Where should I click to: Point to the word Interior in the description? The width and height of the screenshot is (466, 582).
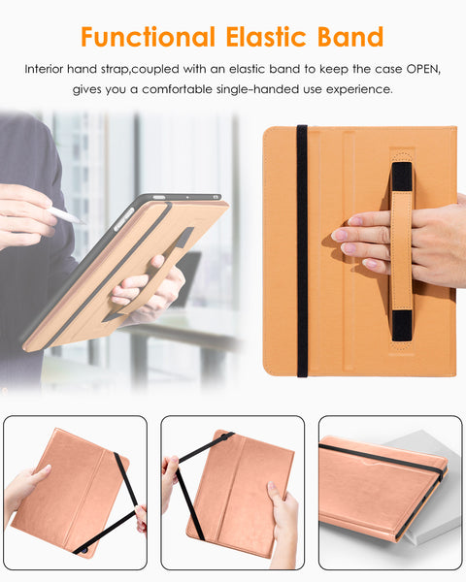tap(50, 70)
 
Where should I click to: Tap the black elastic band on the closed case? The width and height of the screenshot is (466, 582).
tap(383, 458)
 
